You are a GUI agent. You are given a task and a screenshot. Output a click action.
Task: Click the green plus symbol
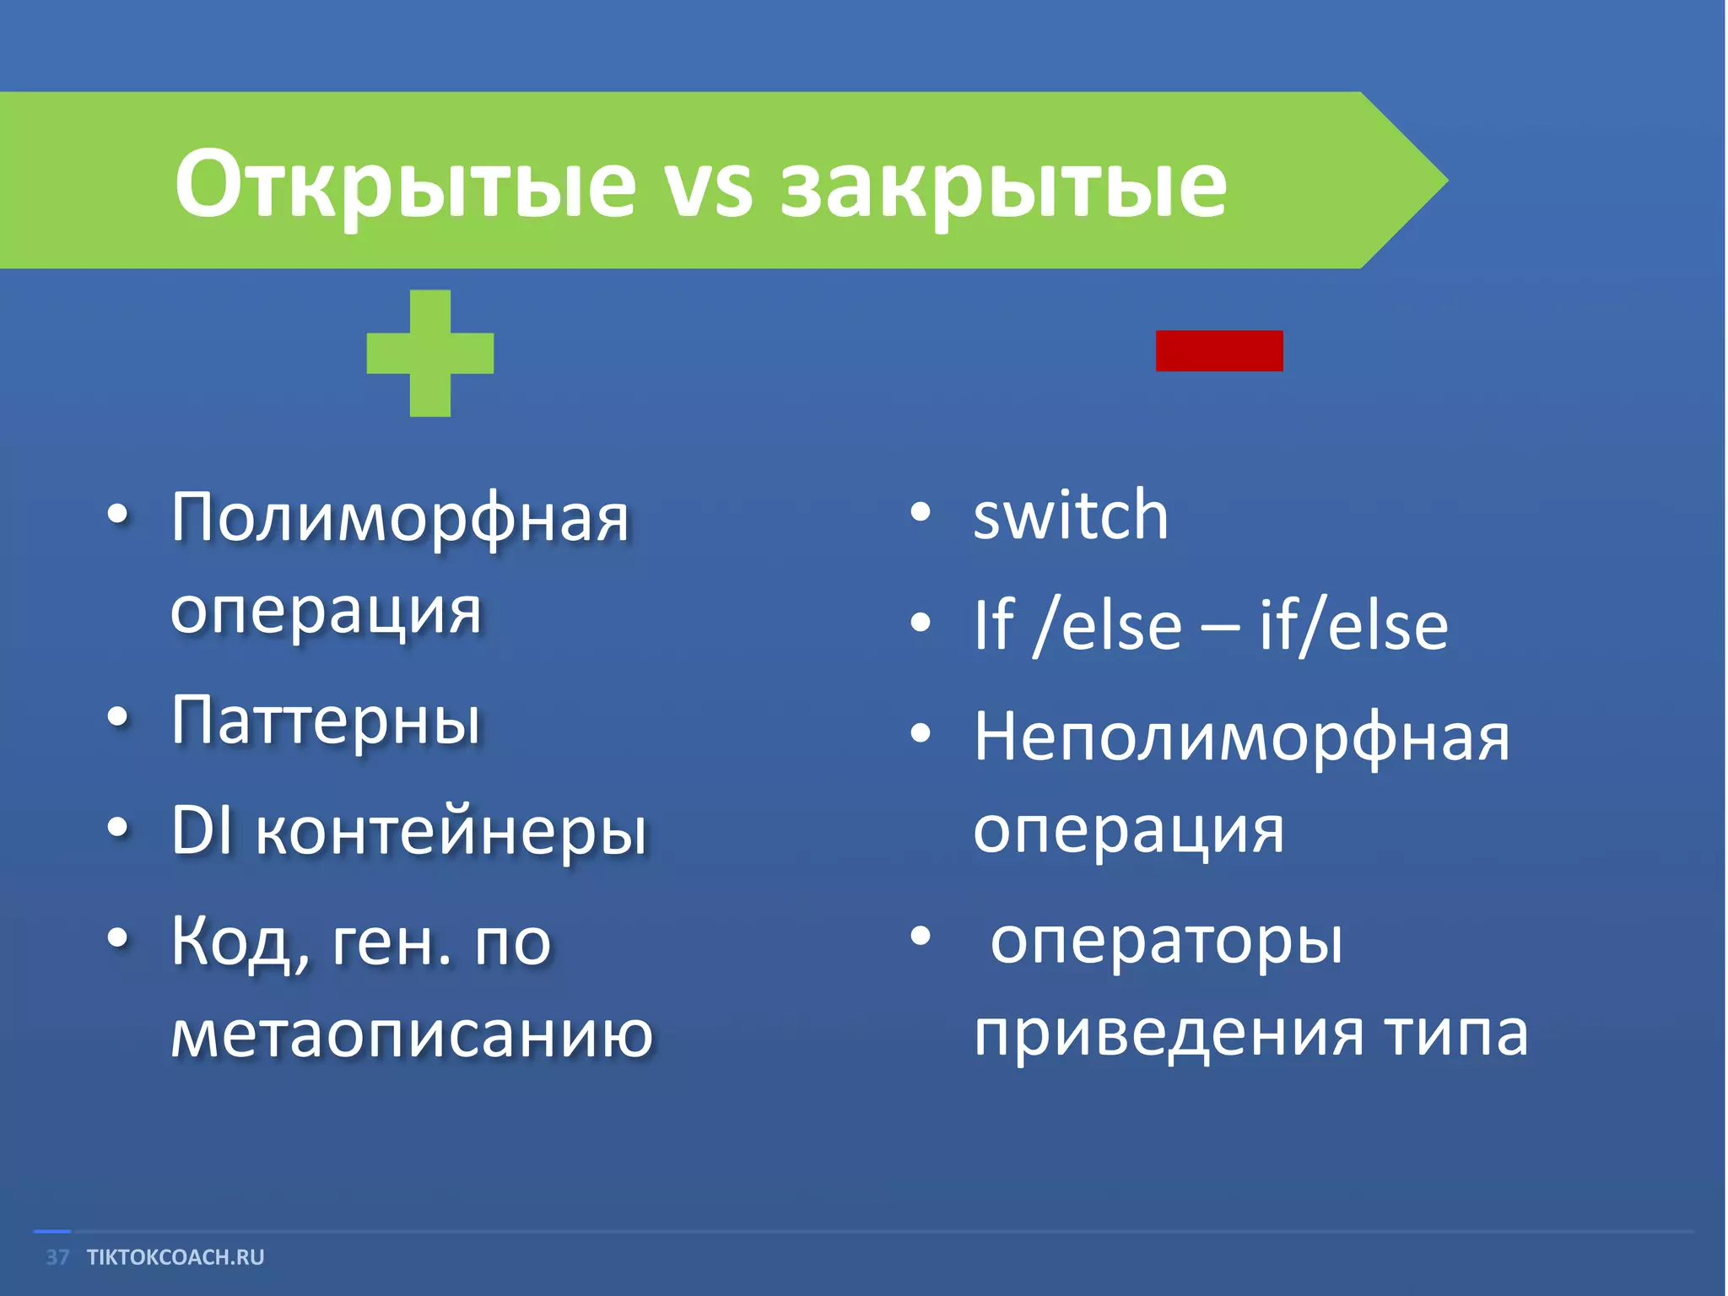[x=430, y=353]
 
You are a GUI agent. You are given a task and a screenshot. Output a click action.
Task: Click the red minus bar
[x=1219, y=351]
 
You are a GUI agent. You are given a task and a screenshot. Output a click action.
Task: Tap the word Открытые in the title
[x=405, y=184]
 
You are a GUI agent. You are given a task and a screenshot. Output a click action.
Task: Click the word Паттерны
[x=326, y=722]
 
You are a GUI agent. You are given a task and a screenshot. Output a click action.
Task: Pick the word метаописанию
[x=412, y=1033]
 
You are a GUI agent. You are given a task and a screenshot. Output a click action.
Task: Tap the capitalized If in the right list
[x=993, y=625]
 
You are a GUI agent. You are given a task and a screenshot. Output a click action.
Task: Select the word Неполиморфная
[x=1241, y=737]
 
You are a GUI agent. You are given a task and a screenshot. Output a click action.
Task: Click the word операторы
[x=1166, y=942]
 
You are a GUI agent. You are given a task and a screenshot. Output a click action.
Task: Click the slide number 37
[x=57, y=1257]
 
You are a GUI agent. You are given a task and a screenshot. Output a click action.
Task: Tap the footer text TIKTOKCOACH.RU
[x=175, y=1257]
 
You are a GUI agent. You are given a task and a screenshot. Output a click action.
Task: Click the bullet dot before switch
[x=921, y=512]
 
